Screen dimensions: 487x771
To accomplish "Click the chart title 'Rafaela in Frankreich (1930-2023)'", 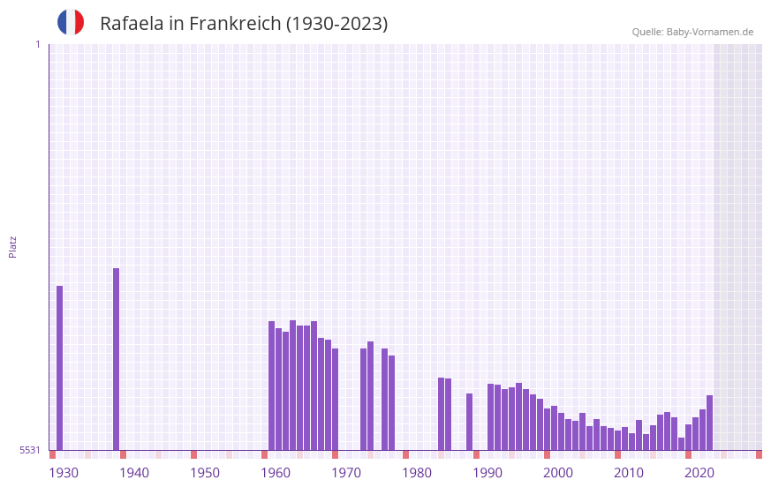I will tap(244, 24).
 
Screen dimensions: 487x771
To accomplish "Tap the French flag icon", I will tap(71, 22).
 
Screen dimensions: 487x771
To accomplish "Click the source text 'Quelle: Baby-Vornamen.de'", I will tap(692, 32).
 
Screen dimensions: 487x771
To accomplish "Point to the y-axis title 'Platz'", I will tap(12, 246).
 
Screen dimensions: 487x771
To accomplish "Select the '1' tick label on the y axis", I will tap(37, 44).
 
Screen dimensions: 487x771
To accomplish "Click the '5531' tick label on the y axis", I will tap(29, 450).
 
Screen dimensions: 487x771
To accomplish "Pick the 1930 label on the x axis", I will tap(64, 473).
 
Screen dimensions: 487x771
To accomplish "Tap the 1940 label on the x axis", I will tap(134, 473).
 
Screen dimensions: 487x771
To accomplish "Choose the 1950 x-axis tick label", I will tap(205, 473).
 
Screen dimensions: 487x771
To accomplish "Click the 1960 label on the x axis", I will tap(276, 473).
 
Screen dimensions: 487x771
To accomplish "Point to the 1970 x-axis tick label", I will tap(346, 473).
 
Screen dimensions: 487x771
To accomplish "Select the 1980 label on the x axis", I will tap(417, 473).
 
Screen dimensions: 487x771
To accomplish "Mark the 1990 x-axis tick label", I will tap(488, 473).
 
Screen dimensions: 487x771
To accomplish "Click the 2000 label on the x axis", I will tap(558, 473).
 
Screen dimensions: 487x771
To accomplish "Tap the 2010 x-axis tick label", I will tap(629, 473).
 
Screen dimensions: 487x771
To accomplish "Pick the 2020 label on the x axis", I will tap(699, 473).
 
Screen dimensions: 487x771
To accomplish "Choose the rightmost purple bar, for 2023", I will tap(709, 423).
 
